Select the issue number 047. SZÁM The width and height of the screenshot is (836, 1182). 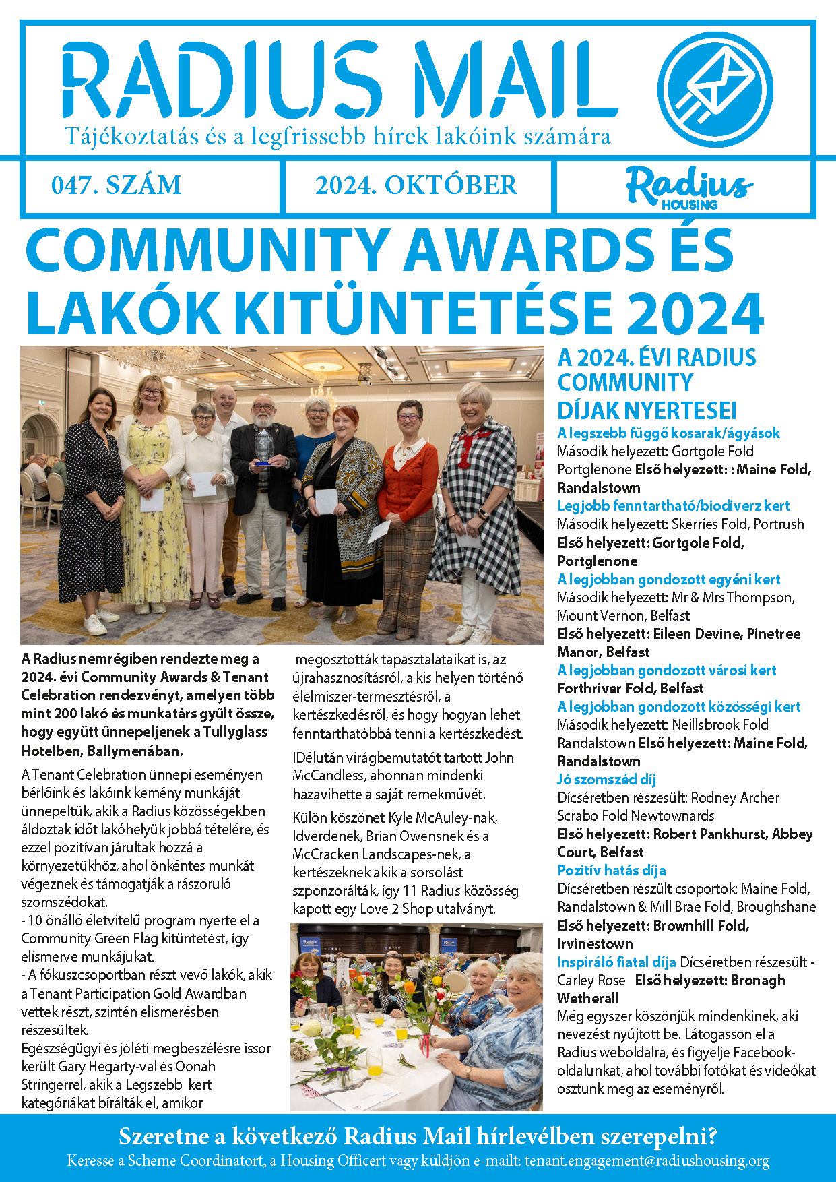117,185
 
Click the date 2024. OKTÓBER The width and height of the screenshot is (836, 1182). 416,185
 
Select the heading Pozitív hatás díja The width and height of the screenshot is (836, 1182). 611,870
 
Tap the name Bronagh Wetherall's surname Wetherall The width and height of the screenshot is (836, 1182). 587,998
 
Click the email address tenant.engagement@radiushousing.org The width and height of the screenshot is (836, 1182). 647,1161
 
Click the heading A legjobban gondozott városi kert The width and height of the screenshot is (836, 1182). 666,670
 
